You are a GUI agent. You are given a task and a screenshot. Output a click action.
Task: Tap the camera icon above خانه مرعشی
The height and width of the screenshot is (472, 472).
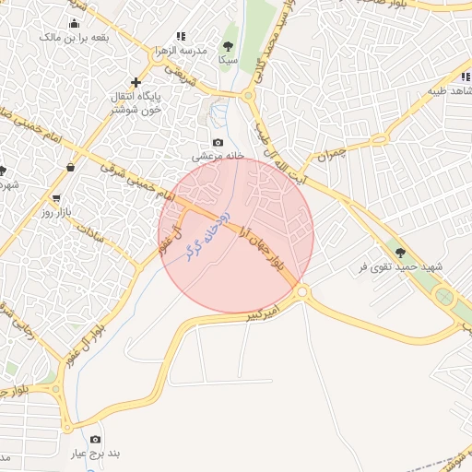pos(218,142)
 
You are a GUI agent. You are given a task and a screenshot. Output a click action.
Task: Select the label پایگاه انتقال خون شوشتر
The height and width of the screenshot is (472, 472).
pos(136,101)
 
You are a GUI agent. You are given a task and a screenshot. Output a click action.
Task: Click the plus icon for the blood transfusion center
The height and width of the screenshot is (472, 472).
pos(136,82)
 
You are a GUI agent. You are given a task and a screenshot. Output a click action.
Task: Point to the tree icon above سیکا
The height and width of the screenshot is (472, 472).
pos(228,45)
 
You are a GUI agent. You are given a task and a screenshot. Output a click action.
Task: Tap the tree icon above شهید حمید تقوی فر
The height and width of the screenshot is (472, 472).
pos(400,252)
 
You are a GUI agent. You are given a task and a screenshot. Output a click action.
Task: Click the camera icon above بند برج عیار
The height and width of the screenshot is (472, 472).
pos(96,440)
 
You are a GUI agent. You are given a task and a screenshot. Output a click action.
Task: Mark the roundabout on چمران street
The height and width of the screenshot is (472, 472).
pos(379,140)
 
